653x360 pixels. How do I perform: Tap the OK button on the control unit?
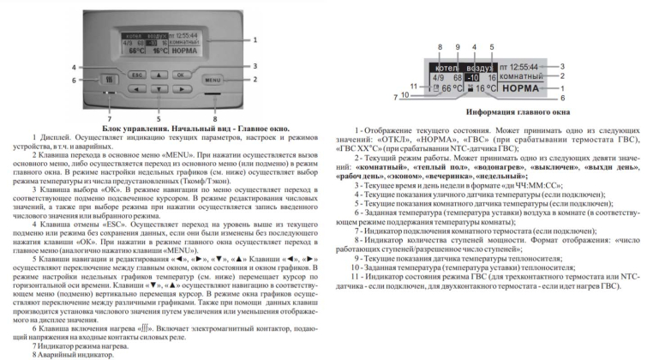pyautogui.click(x=181, y=75)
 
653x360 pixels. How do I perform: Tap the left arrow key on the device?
pyautogui.click(x=138, y=88)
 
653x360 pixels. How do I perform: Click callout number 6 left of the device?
pyautogui.click(x=75, y=81)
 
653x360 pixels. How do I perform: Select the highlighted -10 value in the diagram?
pyautogui.click(x=472, y=76)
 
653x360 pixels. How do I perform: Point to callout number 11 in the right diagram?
pyautogui.click(x=413, y=86)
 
